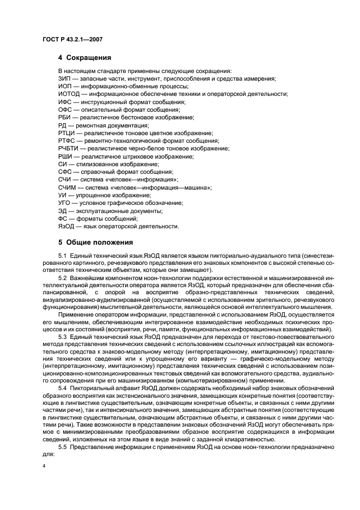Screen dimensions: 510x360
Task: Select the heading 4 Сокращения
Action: (x=85, y=57)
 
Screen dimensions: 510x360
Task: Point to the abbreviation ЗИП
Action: (x=64, y=78)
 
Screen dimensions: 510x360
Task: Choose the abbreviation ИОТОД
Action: (x=68, y=94)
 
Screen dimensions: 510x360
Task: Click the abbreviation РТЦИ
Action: (x=66, y=133)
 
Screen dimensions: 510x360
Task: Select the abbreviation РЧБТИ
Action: (x=68, y=148)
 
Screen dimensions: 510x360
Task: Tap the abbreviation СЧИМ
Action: (x=67, y=187)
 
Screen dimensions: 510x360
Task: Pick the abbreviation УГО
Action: (x=65, y=203)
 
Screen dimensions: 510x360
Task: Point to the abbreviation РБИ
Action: (x=65, y=117)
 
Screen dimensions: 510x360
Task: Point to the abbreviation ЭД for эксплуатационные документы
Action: (x=63, y=210)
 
